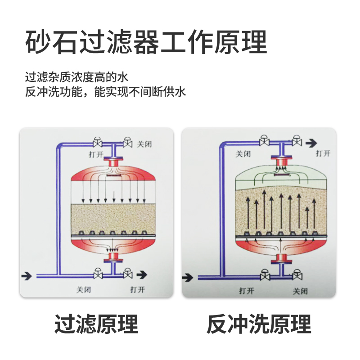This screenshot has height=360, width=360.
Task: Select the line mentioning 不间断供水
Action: pyautogui.click(x=105, y=93)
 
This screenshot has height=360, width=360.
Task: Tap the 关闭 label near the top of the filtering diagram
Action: pyautogui.click(x=144, y=144)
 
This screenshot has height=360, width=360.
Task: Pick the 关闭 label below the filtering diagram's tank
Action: pyautogui.click(x=84, y=289)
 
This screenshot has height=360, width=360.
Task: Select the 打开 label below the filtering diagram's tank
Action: pyautogui.click(x=137, y=289)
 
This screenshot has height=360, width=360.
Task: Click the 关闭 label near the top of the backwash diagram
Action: pyautogui.click(x=243, y=154)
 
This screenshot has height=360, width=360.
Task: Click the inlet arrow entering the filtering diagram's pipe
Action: pyautogui.click(x=27, y=274)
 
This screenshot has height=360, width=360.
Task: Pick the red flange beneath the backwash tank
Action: pyautogui.click(x=281, y=258)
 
